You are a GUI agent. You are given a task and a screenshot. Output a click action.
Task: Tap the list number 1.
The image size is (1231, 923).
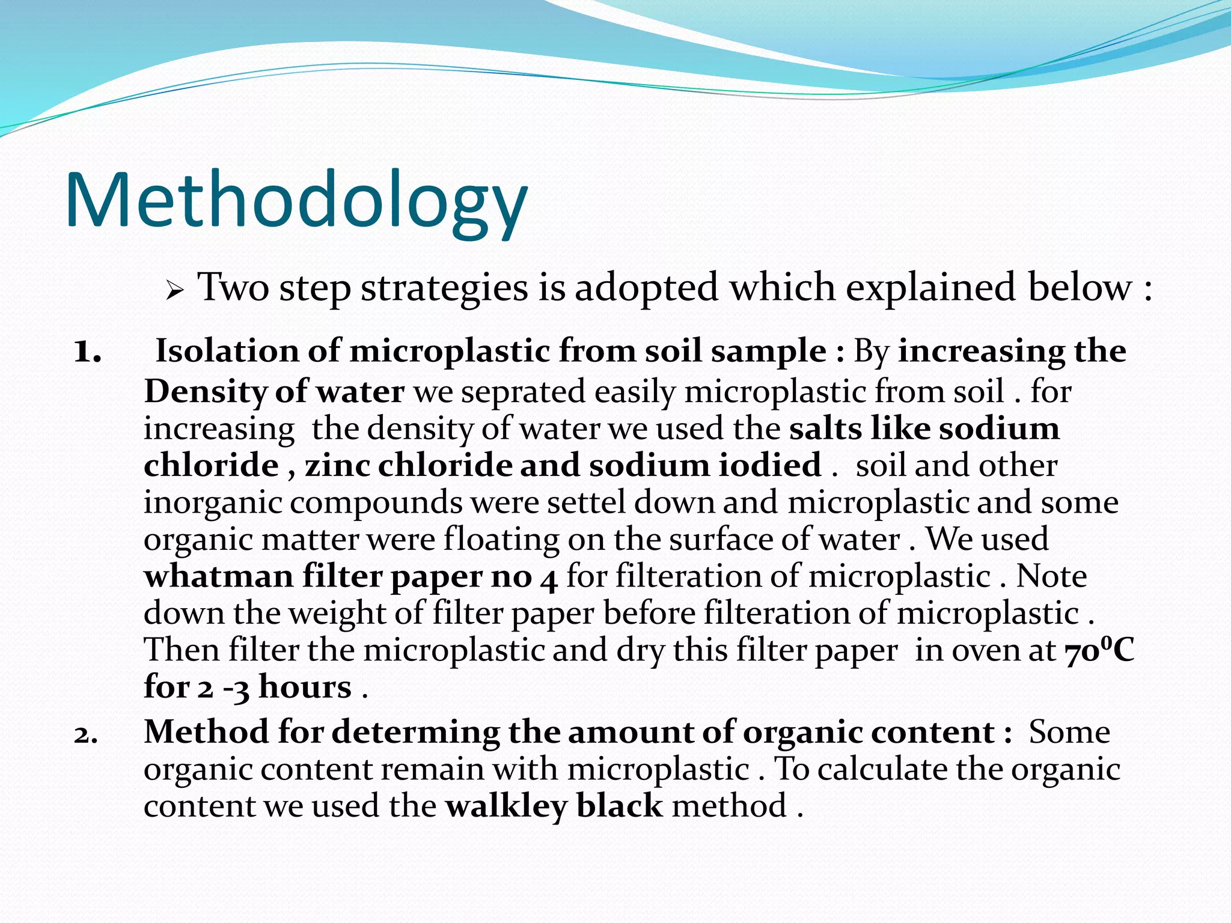[x=87, y=352]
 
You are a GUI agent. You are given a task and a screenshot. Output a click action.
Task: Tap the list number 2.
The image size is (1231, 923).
[x=86, y=735]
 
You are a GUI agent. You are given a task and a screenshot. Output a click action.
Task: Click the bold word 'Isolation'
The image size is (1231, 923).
[x=227, y=351]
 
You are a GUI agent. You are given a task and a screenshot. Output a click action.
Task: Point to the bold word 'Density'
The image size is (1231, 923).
[x=204, y=392]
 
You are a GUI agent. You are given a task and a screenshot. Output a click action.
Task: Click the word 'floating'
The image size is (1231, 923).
[x=501, y=540]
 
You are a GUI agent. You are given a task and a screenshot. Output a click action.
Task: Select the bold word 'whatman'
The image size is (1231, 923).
[x=218, y=576]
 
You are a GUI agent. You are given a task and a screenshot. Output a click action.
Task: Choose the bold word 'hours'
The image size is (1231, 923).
[x=305, y=687]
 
